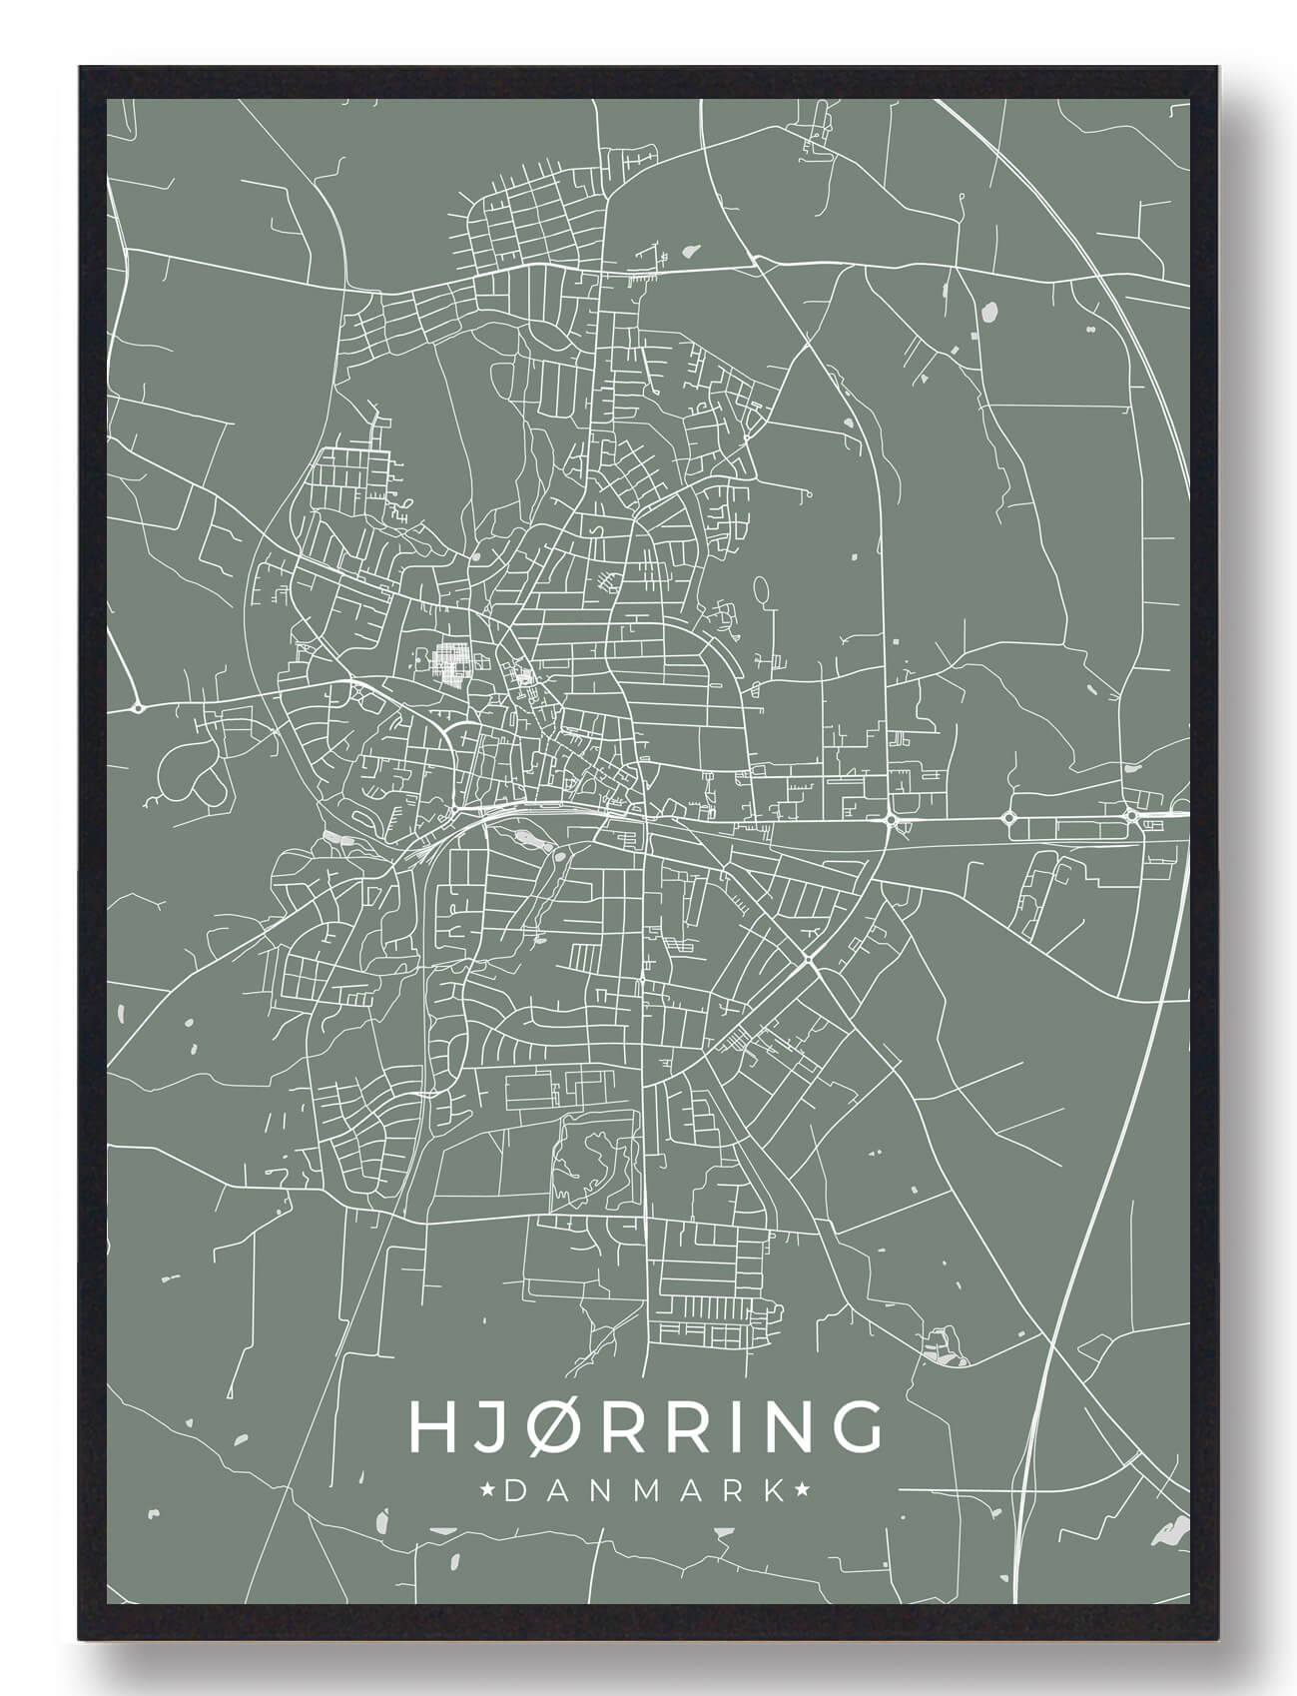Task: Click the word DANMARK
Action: click(645, 1491)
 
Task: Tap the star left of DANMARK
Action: click(489, 1491)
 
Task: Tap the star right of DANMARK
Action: click(802, 1491)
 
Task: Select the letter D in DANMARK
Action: click(515, 1491)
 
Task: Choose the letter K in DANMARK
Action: click(774, 1491)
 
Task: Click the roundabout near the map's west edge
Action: click(138, 707)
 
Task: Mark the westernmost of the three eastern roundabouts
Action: click(889, 819)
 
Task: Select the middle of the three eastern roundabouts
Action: click(1008, 818)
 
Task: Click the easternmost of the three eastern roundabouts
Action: click(1130, 815)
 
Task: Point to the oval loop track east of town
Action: click(763, 589)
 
